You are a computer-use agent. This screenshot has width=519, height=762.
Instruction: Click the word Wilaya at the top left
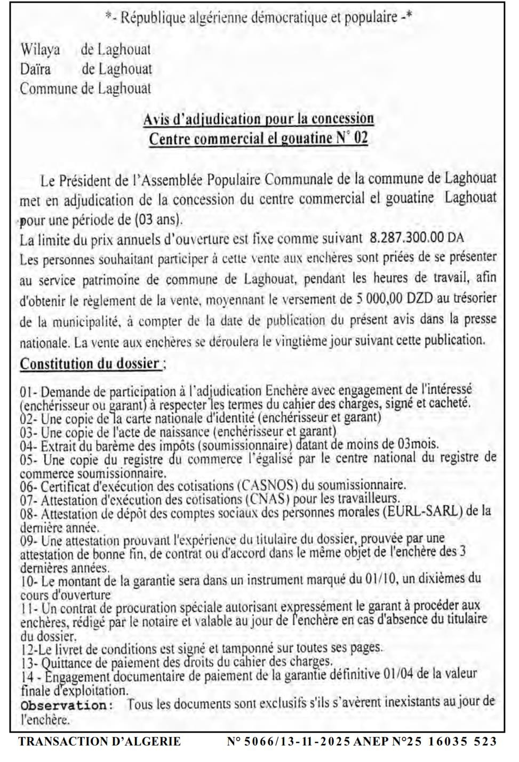(40, 50)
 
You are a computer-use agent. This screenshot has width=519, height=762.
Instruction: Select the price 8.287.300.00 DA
(417, 238)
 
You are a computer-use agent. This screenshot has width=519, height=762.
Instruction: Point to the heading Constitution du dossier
(91, 364)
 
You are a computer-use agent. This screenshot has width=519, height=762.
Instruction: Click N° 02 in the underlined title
(352, 139)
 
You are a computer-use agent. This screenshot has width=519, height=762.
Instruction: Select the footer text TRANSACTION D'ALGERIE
(99, 741)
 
